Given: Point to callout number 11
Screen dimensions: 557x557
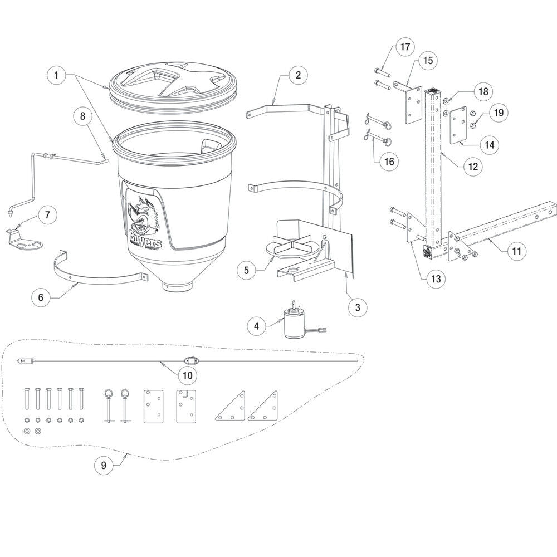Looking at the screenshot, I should pyautogui.click(x=516, y=251).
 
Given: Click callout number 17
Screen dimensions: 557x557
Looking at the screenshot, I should pyautogui.click(x=405, y=47).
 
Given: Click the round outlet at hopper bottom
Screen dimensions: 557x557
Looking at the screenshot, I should pyautogui.click(x=178, y=285).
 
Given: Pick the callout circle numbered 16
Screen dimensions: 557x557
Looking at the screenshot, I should pyautogui.click(x=388, y=162).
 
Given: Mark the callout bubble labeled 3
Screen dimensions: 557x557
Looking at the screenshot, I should pyautogui.click(x=358, y=306).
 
